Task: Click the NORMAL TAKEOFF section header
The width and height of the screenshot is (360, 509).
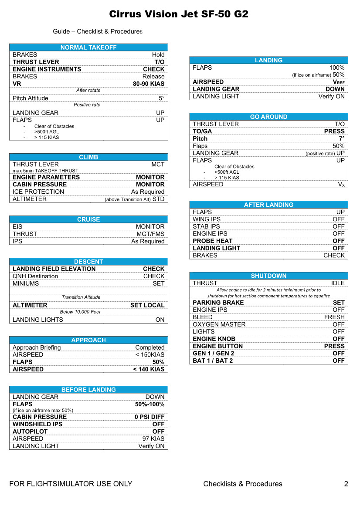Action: pyautogui.click(x=88, y=47)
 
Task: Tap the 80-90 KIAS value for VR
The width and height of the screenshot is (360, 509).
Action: pyautogui.click(x=149, y=84)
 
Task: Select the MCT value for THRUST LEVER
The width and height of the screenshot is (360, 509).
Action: pyautogui.click(x=158, y=164)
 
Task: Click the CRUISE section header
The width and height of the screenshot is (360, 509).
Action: pyautogui.click(x=88, y=219)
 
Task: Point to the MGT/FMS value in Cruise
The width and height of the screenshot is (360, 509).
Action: pyautogui.click(x=150, y=234)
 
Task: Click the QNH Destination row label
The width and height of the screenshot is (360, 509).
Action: pyautogui.click(x=35, y=276)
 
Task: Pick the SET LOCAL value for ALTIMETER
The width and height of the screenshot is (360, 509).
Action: pyautogui.click(x=147, y=305)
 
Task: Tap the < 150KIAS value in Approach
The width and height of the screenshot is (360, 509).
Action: pyautogui.click(x=150, y=355)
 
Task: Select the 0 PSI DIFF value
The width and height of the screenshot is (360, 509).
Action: pyautogui.click(x=149, y=417)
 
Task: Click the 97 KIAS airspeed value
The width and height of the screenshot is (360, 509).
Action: pyautogui.click(x=153, y=438)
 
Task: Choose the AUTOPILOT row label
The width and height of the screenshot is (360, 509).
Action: pyautogui.click(x=30, y=431)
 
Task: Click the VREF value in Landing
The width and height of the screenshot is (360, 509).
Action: pyautogui.click(x=339, y=82)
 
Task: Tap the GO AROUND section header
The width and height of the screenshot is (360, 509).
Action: pyautogui.click(x=268, y=117)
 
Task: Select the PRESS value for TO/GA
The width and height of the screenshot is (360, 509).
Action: pyautogui.click(x=334, y=131)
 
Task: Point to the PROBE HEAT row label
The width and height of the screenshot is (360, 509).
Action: pyautogui.click(x=213, y=241)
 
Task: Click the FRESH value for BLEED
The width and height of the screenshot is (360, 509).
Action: pyautogui.click(x=334, y=317)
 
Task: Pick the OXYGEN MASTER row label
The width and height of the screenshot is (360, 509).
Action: pyautogui.click(x=219, y=324)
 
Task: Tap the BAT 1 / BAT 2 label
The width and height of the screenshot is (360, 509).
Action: pyautogui.click(x=213, y=361)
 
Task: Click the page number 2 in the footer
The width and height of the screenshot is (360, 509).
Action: pyautogui.click(x=346, y=484)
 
